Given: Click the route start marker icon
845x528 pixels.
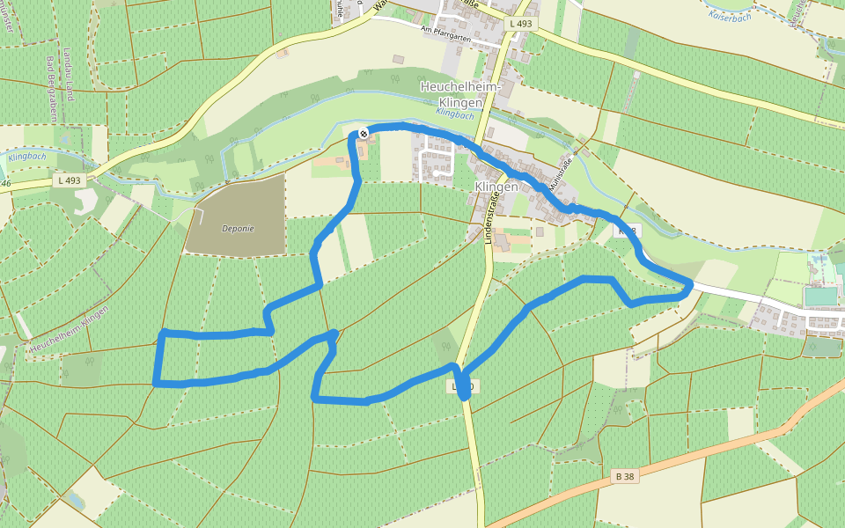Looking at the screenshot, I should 363,134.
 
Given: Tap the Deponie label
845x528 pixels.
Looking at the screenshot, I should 238,228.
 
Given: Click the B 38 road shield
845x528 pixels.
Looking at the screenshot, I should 625,476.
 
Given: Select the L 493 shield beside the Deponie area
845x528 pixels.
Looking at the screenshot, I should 69,180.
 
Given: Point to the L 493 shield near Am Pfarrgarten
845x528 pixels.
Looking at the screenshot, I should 520,24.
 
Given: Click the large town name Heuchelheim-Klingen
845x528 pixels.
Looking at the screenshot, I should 460,93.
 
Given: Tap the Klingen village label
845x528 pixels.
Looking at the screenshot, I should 496,187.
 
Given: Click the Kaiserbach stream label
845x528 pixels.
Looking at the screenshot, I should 731,15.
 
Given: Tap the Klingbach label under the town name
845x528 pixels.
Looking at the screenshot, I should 454,114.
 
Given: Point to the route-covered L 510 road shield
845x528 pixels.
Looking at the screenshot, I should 464,386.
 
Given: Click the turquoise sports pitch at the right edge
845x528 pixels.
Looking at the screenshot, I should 819,297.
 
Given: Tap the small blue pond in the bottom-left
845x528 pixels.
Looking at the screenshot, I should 75,500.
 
